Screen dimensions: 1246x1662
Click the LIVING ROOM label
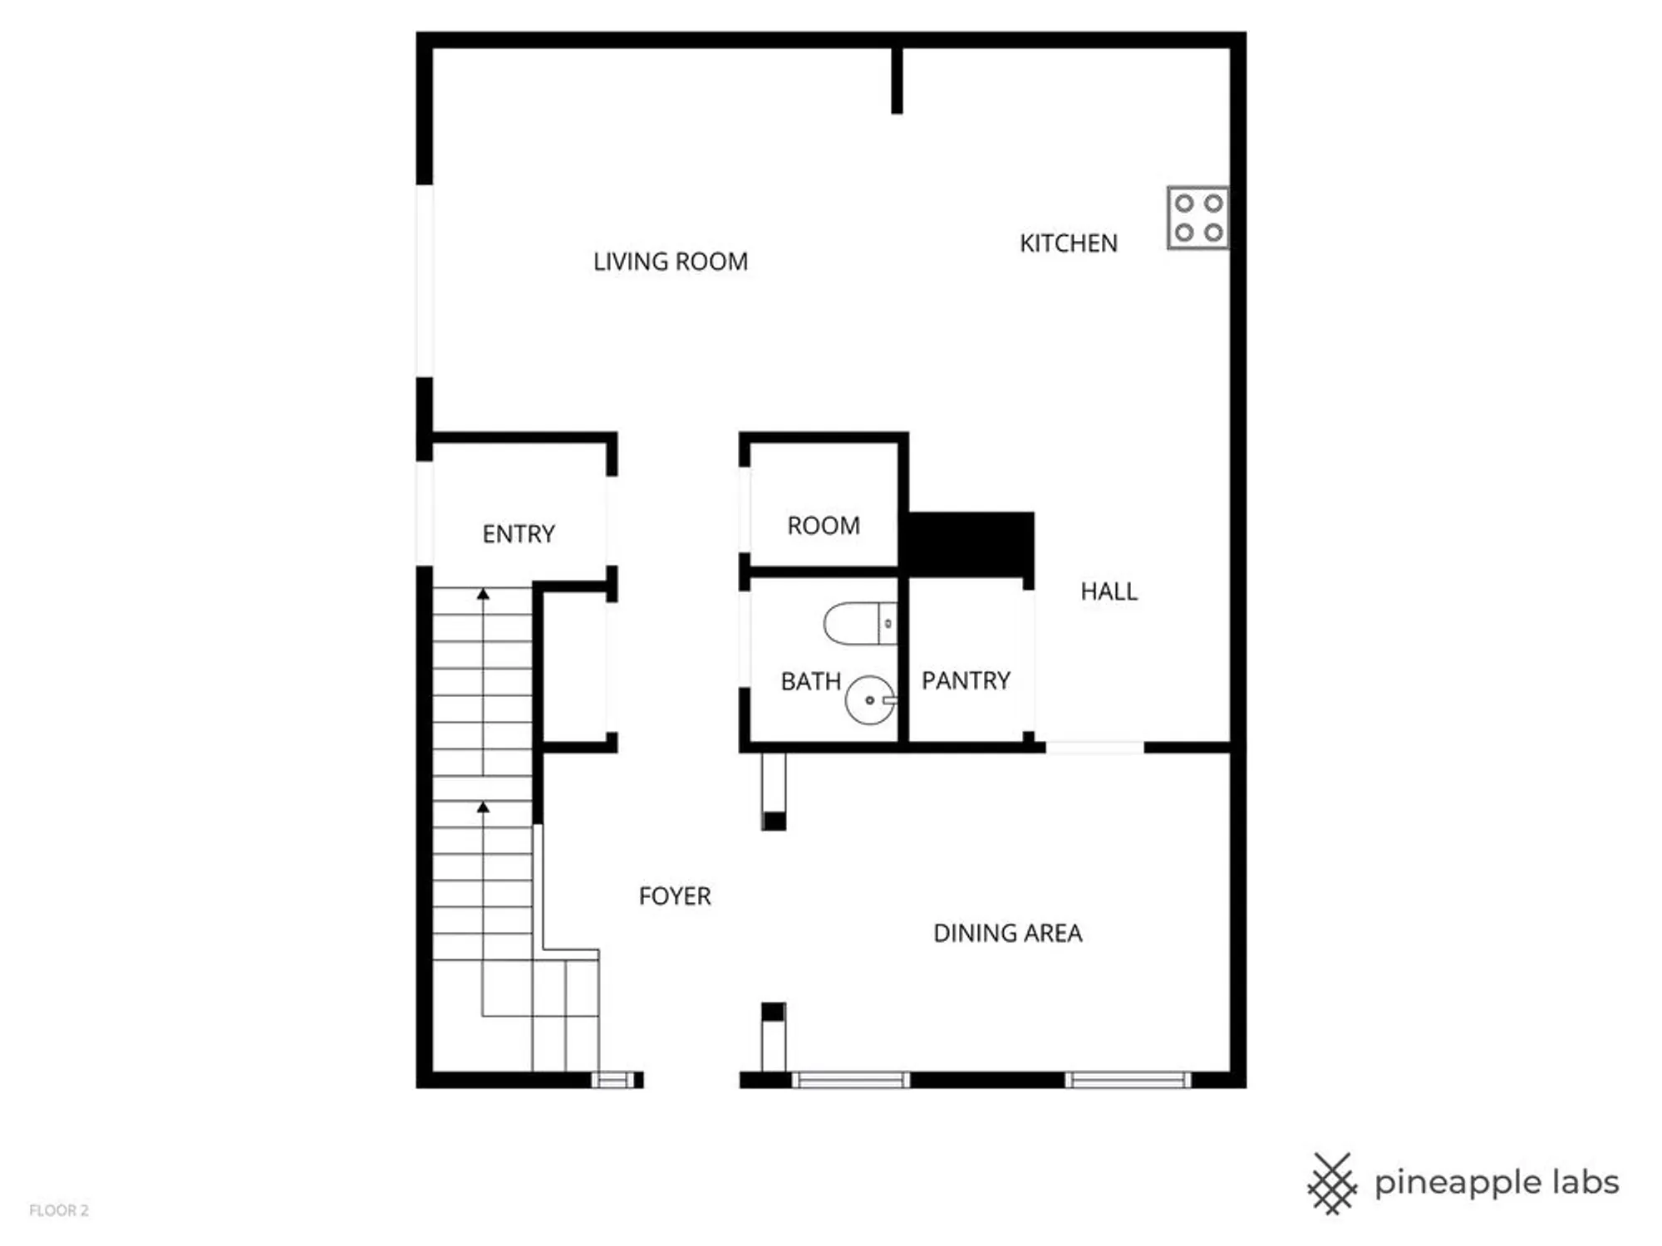pos(670,262)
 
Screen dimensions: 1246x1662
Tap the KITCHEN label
pos(1068,243)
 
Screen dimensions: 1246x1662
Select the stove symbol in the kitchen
pos(1197,218)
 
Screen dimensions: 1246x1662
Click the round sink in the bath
pos(870,699)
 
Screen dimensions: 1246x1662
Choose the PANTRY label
pos(966,681)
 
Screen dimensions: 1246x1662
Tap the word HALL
pos(1109,591)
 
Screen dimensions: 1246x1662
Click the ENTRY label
pos(519,533)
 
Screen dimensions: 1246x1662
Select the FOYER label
pos(675,896)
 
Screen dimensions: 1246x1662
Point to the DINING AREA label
pos(1007,933)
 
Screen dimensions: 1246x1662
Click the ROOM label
pos(824,526)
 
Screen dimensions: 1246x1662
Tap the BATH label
pos(810,682)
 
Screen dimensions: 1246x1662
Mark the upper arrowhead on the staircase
pos(483,594)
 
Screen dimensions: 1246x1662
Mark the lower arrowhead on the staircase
pos(483,807)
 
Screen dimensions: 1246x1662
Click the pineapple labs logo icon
pos(1332,1183)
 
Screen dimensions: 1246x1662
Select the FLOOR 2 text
pos(58,1210)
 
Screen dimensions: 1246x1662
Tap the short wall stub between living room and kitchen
pos(897,81)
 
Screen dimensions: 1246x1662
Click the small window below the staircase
pos(612,1080)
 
